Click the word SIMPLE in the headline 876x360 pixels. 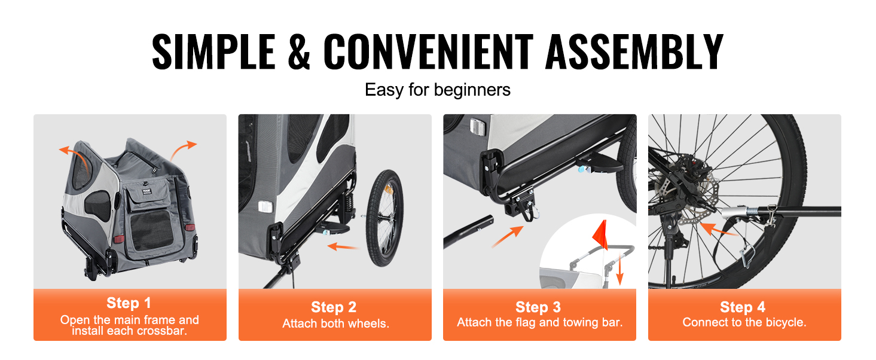(213, 51)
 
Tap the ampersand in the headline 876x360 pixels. (299, 51)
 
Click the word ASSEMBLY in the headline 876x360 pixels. (634, 51)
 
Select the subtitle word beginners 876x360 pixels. (472, 90)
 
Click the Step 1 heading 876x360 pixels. (129, 303)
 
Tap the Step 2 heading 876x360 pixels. (334, 307)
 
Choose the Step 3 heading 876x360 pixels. (538, 307)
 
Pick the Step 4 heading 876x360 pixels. (743, 307)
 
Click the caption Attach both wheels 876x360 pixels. (335, 324)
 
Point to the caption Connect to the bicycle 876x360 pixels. (744, 322)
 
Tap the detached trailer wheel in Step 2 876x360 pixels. (384, 218)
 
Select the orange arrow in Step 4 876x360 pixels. (718, 230)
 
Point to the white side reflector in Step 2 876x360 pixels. (265, 206)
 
